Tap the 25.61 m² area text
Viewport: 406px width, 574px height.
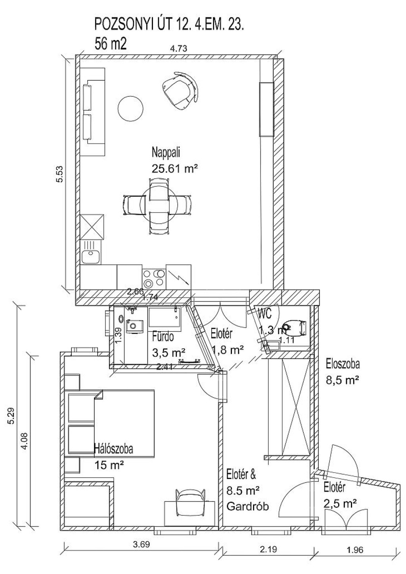coord(174,168)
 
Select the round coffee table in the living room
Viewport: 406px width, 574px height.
coord(130,109)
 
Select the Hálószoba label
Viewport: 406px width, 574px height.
coord(113,449)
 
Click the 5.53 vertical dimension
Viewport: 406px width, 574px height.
coord(60,174)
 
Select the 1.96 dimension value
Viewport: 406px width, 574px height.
coord(354,550)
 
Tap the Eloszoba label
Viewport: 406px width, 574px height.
coord(343,363)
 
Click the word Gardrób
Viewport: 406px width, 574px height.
coord(247,506)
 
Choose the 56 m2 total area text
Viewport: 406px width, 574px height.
coord(111,43)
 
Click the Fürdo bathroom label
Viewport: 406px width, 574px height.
coord(163,337)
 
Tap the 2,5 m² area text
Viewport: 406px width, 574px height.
coord(339,503)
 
